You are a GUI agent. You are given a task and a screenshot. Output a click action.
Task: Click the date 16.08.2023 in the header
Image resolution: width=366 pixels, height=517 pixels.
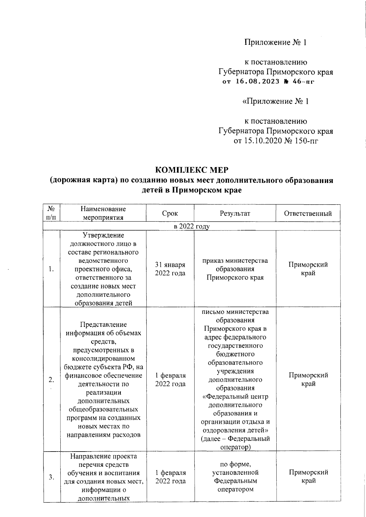pos(257,82)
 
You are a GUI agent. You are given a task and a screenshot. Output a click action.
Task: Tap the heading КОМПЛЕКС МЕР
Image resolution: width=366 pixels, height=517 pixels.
pos(192,170)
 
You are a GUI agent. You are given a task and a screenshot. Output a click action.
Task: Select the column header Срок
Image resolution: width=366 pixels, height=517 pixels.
pos(170,213)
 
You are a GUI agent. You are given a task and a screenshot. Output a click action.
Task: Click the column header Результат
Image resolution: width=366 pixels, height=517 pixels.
pos(235,213)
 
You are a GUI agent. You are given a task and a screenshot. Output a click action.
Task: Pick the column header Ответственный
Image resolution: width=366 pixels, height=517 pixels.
pos(308,213)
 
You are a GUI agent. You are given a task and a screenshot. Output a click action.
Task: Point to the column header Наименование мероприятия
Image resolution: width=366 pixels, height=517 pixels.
pos(103,213)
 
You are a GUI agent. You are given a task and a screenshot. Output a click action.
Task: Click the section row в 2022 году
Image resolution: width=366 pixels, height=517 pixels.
pos(192,226)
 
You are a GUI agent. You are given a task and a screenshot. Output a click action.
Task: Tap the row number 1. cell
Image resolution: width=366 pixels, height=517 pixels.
pos(52,269)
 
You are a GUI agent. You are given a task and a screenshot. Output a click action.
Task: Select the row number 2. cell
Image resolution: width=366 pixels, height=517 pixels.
pos(52,380)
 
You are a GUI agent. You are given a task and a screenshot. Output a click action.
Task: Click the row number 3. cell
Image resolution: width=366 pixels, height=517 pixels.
pos(52,477)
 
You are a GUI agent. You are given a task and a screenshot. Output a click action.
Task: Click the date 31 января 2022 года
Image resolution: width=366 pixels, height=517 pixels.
pos(170,269)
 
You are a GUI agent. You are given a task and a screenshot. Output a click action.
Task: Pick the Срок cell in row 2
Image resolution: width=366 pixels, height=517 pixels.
pos(170,380)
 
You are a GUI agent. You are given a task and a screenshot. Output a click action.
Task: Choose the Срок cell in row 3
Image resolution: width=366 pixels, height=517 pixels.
pos(170,477)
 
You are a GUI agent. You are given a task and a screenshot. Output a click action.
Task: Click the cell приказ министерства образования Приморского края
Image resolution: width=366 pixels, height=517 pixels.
pos(235,269)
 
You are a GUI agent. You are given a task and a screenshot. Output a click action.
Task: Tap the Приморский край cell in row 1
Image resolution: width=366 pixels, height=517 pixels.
pos(308,269)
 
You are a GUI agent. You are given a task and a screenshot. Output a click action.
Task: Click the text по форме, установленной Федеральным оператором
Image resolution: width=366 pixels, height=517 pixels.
pos(235,477)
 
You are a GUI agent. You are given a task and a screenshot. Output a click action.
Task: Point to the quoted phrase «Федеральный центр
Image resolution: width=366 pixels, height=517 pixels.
pos(235,397)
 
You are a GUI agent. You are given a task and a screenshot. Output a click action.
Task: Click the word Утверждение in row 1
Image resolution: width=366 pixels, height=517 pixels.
pos(103,235)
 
